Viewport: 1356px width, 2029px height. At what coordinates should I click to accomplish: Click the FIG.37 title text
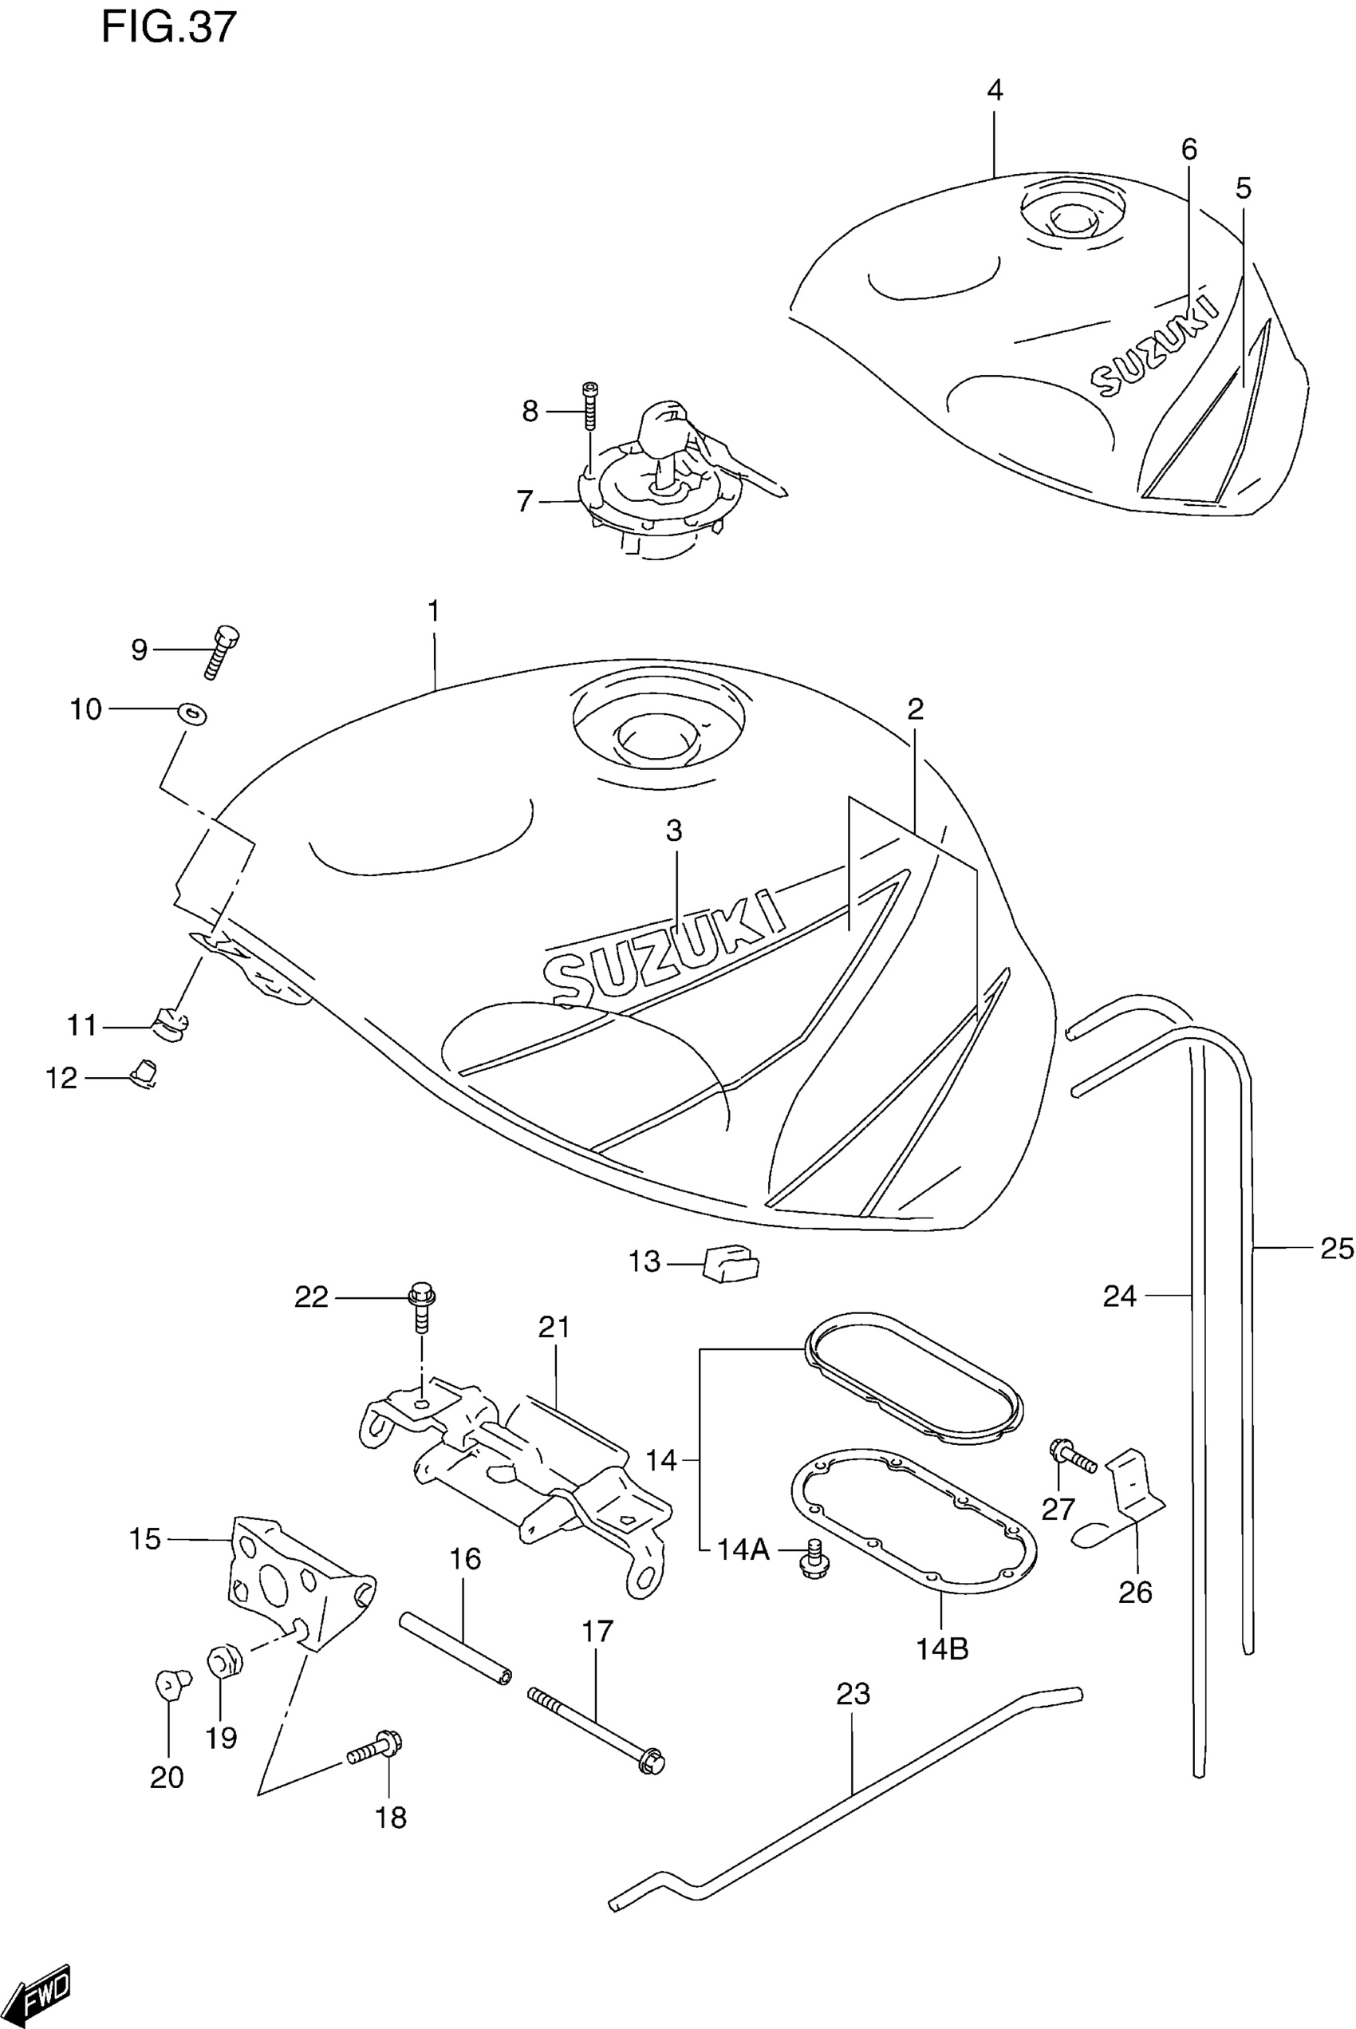[168, 28]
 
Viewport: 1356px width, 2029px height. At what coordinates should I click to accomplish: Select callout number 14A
[743, 1549]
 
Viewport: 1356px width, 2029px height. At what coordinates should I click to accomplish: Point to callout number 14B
[942, 1648]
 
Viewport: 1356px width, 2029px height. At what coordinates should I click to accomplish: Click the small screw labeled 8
[590, 405]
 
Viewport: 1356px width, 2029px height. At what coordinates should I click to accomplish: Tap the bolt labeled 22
[422, 1308]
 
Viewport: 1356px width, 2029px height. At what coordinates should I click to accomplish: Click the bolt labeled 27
[1071, 1456]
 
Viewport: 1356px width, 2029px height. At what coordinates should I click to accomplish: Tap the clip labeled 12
[144, 1074]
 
